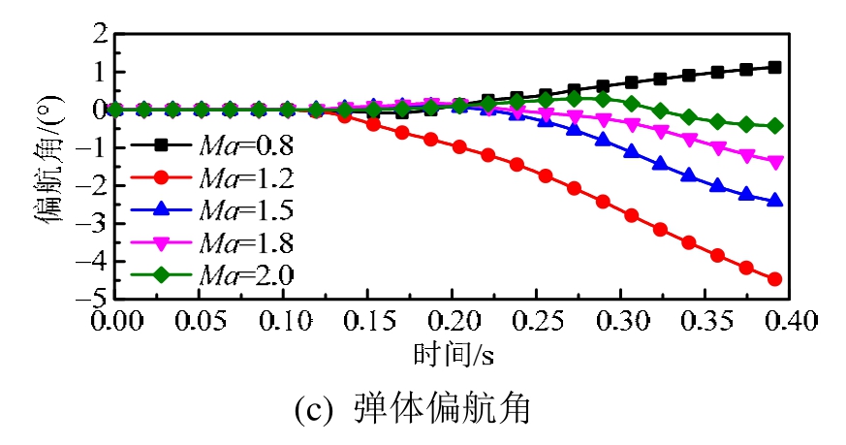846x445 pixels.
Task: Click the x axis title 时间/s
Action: coord(447,355)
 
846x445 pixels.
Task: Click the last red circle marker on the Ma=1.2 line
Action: coord(774,279)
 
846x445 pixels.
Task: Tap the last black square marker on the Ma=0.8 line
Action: coord(774,67)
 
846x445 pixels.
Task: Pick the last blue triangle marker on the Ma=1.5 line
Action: coord(774,201)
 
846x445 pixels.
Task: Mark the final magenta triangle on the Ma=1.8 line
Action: coord(774,162)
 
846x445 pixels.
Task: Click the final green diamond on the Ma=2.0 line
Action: coord(774,126)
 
